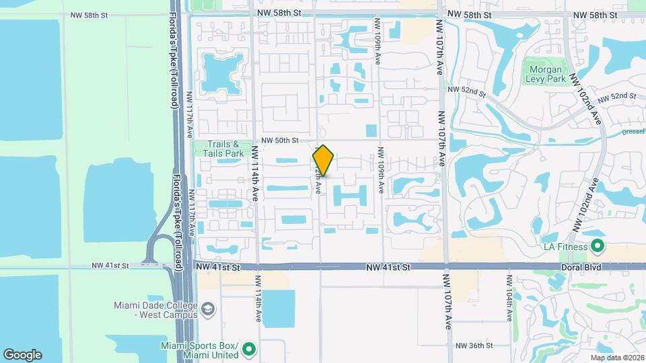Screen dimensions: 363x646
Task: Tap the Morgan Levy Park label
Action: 546,73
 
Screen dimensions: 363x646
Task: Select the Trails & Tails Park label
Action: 223,149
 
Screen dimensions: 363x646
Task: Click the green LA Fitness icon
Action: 596,247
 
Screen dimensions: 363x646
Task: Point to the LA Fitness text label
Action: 565,247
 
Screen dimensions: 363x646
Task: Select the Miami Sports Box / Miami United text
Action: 199,350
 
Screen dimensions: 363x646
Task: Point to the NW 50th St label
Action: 280,140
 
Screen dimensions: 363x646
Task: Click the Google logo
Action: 22,354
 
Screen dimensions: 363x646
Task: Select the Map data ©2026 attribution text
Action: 616,358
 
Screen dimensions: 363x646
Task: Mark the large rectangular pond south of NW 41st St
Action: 278,309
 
